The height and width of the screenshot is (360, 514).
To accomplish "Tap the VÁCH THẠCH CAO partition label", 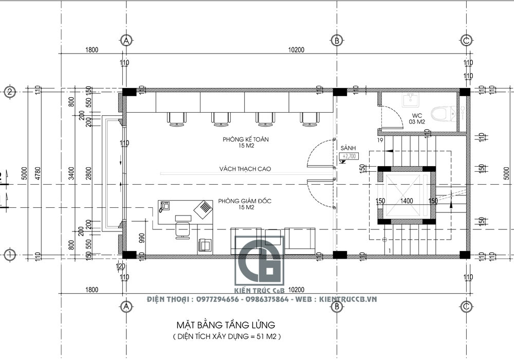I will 245,169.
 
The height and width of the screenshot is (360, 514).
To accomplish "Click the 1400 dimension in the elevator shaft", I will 407,201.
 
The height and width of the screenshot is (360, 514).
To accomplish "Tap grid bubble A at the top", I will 124,40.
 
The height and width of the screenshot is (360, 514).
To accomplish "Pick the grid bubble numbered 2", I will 10,92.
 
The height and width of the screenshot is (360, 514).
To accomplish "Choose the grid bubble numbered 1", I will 10,254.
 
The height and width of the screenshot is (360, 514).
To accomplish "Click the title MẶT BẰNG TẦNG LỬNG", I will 226,325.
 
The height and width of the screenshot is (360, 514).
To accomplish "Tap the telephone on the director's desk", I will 165,207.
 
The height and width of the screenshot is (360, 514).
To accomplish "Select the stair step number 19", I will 380,140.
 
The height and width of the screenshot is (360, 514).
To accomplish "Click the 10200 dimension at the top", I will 297,50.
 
